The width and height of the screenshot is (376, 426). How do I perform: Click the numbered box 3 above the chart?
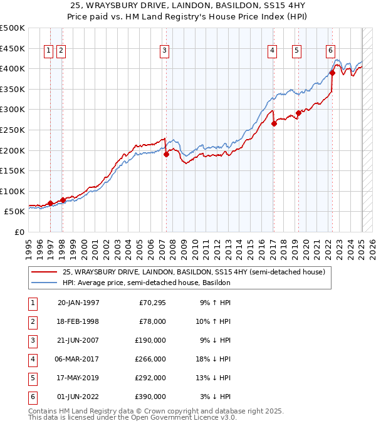[x=164, y=51]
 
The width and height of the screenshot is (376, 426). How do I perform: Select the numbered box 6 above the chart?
[x=330, y=51]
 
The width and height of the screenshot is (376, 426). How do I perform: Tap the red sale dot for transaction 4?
[x=274, y=123]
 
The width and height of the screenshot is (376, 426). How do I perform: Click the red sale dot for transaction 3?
[x=166, y=154]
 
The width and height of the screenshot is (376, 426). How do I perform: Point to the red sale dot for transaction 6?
[x=333, y=73]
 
